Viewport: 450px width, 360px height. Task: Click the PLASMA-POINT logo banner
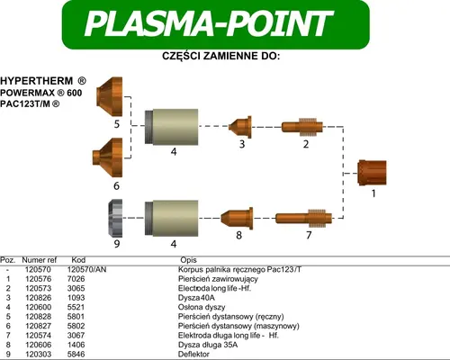point(216,24)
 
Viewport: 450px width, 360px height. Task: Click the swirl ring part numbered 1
point(373,173)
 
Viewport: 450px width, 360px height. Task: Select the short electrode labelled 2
point(302,127)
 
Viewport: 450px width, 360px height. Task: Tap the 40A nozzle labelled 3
point(240,127)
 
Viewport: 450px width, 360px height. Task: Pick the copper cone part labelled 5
point(110,96)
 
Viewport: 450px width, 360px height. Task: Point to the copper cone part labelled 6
point(108,157)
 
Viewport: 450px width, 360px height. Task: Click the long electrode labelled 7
point(303,218)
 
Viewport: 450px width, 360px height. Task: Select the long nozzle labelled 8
point(237,218)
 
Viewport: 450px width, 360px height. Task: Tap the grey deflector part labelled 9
point(115,218)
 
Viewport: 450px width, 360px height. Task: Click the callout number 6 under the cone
point(116,186)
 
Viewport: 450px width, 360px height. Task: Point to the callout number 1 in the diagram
point(373,193)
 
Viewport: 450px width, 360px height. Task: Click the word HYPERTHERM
point(37,81)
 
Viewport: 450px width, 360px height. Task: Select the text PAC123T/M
point(26,104)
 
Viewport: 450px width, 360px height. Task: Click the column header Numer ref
point(40,260)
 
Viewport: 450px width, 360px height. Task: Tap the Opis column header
point(188,260)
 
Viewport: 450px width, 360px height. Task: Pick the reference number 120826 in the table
point(39,298)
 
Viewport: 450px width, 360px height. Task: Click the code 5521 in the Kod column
point(76,307)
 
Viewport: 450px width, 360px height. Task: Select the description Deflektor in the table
point(193,354)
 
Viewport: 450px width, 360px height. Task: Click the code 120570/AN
point(86,269)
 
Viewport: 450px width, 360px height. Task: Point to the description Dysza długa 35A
point(208,345)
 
